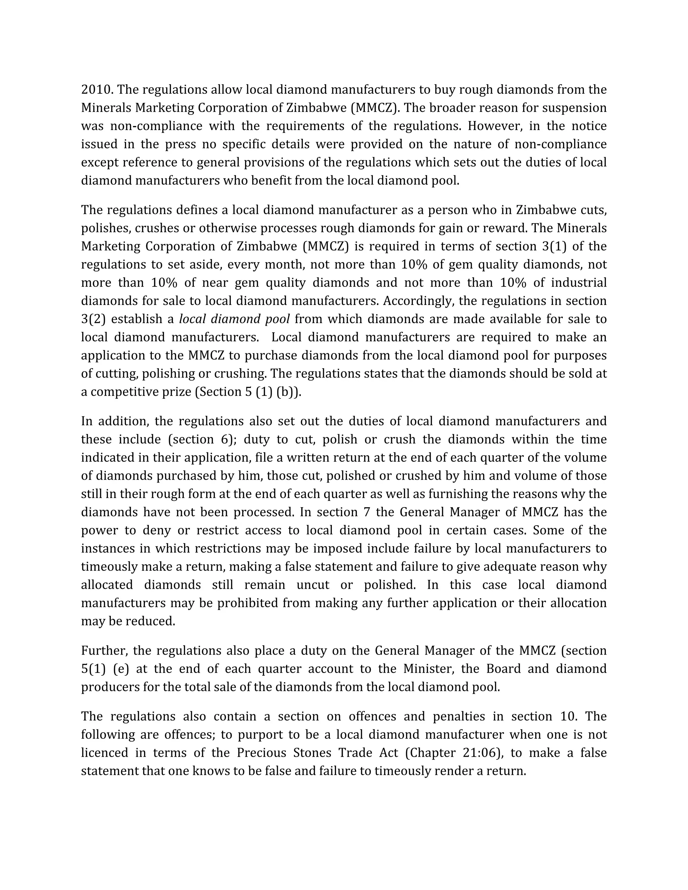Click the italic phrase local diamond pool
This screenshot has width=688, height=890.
click(234, 319)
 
